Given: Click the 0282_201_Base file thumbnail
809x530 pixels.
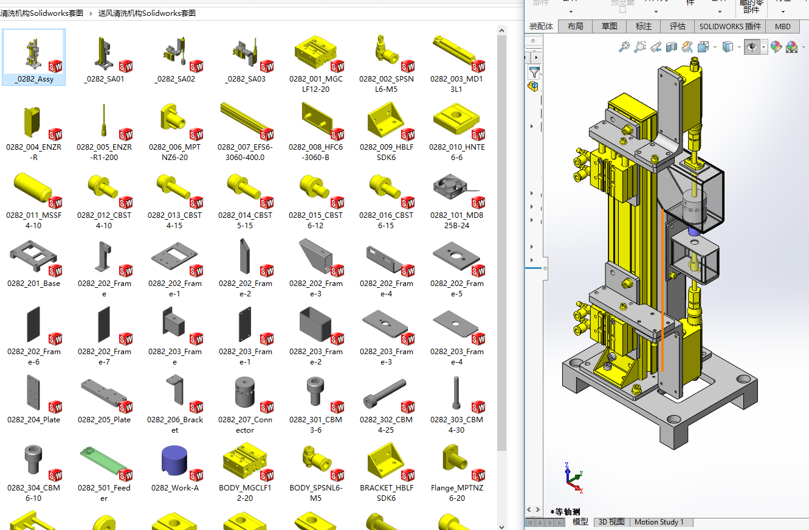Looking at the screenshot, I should coord(32,256).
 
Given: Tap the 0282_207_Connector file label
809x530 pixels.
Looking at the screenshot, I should coord(245,425).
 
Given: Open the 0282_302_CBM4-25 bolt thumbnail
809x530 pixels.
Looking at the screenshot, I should coord(385,392).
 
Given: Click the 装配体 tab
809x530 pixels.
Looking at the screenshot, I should coord(541,26).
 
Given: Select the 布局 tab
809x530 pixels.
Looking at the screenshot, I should coord(575,26).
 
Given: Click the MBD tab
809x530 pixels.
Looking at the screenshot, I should coord(783,26).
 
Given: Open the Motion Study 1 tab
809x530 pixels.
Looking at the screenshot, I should coord(659,522).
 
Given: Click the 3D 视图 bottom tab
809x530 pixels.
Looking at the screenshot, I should coord(611,522).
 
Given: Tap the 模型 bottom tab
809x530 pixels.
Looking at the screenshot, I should coord(580,522).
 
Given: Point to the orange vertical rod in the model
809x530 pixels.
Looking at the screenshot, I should coord(662,292).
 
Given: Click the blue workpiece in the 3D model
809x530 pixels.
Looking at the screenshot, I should coord(693,231).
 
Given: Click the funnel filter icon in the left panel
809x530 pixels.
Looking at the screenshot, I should coord(534,72).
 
